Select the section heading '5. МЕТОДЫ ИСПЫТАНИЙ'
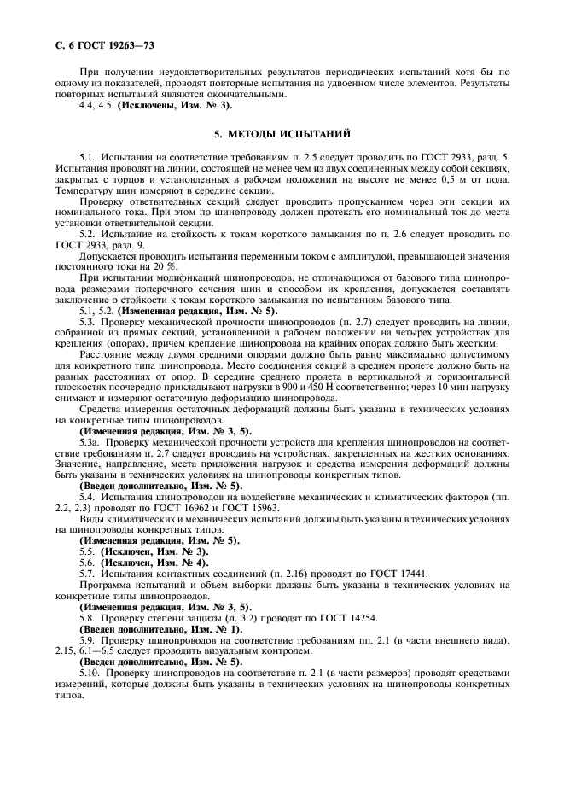coord(282,136)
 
